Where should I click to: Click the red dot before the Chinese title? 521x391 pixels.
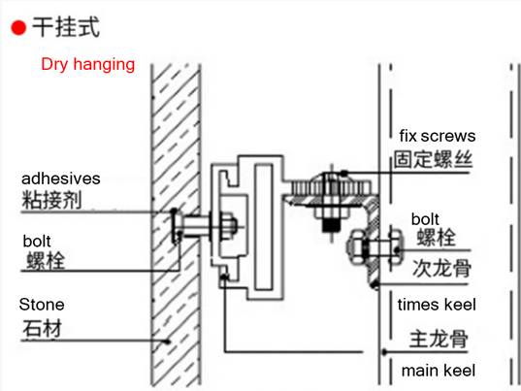[x=18, y=27]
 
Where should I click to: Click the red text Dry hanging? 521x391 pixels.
[x=87, y=64]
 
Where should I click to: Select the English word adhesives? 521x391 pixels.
[x=61, y=179]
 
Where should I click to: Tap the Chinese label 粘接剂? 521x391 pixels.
[x=51, y=200]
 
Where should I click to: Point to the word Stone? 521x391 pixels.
[x=42, y=305]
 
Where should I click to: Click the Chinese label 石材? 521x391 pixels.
[x=42, y=329]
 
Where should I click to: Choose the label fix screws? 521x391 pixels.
[x=438, y=136]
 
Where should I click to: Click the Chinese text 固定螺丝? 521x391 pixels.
[x=433, y=159]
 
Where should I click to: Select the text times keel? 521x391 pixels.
[x=437, y=305]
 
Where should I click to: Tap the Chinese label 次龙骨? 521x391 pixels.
[x=441, y=268]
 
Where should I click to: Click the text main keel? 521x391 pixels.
[x=439, y=371]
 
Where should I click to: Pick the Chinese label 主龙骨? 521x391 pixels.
[x=439, y=339]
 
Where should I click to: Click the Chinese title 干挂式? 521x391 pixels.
[x=66, y=27]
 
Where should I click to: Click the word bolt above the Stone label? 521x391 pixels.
[x=37, y=242]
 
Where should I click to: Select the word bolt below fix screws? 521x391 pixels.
[x=425, y=219]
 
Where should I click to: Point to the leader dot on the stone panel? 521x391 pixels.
[x=168, y=342]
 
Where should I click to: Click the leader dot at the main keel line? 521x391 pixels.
[x=384, y=352]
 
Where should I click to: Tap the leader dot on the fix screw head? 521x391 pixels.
[x=344, y=173]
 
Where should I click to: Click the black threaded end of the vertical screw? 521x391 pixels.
[x=331, y=225]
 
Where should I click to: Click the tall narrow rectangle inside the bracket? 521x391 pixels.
[x=264, y=227]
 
